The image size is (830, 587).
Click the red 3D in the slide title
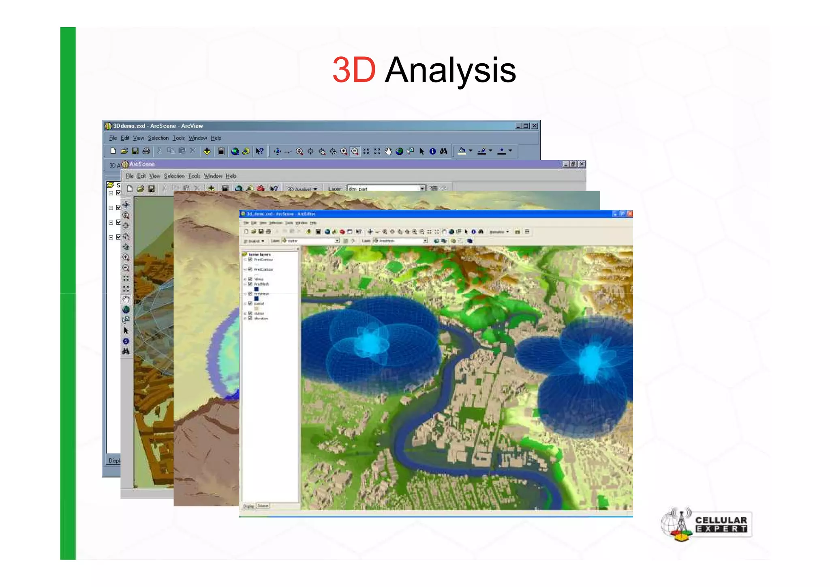(x=353, y=70)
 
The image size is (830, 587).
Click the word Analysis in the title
(x=450, y=70)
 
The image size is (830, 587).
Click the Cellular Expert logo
(x=706, y=524)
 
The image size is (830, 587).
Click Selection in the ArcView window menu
(x=158, y=138)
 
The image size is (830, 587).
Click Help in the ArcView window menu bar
(x=216, y=138)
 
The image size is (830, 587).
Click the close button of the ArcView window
(x=535, y=126)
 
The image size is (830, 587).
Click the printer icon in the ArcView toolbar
(x=146, y=151)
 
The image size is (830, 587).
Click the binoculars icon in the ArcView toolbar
(x=444, y=151)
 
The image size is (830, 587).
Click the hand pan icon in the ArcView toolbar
(x=388, y=151)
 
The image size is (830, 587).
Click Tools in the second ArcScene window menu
(x=194, y=176)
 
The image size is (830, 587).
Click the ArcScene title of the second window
(x=142, y=164)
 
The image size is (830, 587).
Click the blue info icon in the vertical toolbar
(x=126, y=341)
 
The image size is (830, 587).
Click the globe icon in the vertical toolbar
(x=126, y=310)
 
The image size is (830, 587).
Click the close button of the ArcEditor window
(x=630, y=213)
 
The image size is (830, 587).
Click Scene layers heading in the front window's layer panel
(x=259, y=254)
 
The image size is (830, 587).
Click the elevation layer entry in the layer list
(x=261, y=318)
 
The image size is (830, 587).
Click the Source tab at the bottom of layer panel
(x=263, y=506)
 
